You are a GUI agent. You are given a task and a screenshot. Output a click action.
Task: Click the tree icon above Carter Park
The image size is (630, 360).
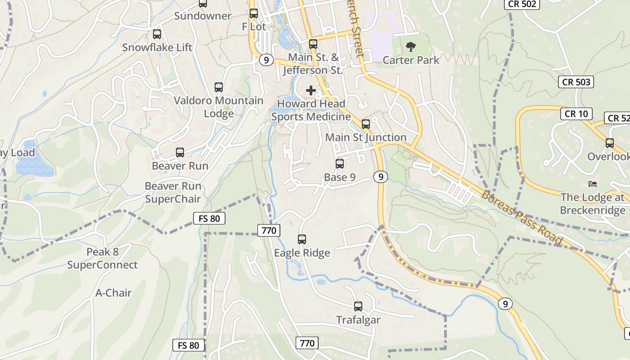click(x=410, y=46)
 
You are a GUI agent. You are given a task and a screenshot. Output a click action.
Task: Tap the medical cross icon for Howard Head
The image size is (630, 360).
click(x=310, y=90)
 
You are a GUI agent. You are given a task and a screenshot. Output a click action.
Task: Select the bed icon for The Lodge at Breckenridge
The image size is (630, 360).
click(x=593, y=184)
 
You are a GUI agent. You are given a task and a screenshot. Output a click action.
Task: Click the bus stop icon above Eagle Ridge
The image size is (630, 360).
click(x=302, y=239)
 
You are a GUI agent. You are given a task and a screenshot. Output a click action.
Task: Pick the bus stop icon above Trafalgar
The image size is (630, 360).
click(x=358, y=306)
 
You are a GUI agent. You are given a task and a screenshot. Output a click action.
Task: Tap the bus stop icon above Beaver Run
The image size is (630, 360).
click(x=180, y=153)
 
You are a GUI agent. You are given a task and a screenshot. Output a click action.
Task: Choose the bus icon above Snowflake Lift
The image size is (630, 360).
click(x=157, y=34)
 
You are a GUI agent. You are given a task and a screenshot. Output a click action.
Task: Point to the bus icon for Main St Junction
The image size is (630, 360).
click(x=366, y=124)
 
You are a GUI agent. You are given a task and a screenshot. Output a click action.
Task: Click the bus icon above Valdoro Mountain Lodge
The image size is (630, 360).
click(x=219, y=87)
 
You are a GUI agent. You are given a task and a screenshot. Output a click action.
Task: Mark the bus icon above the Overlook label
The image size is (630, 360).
click(x=610, y=143)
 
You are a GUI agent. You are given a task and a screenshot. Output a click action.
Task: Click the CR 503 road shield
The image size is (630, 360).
click(x=576, y=82)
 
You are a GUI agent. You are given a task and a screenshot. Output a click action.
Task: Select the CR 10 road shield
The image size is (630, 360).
click(x=576, y=114)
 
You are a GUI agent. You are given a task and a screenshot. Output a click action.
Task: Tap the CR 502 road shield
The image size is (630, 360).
click(x=522, y=4)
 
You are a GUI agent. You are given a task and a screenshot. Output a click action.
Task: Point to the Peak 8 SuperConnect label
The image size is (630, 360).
click(x=103, y=258)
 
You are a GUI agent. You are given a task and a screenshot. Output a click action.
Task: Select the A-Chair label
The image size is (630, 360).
click(x=113, y=293)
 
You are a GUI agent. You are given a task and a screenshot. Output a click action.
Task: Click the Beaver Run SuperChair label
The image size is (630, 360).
click(x=173, y=192)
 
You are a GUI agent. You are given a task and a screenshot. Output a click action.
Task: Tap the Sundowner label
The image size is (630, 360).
click(x=202, y=16)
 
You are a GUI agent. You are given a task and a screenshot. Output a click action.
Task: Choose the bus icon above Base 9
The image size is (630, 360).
click(x=340, y=164)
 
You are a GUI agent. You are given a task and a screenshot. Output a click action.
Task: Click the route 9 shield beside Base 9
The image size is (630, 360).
click(x=380, y=177)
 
